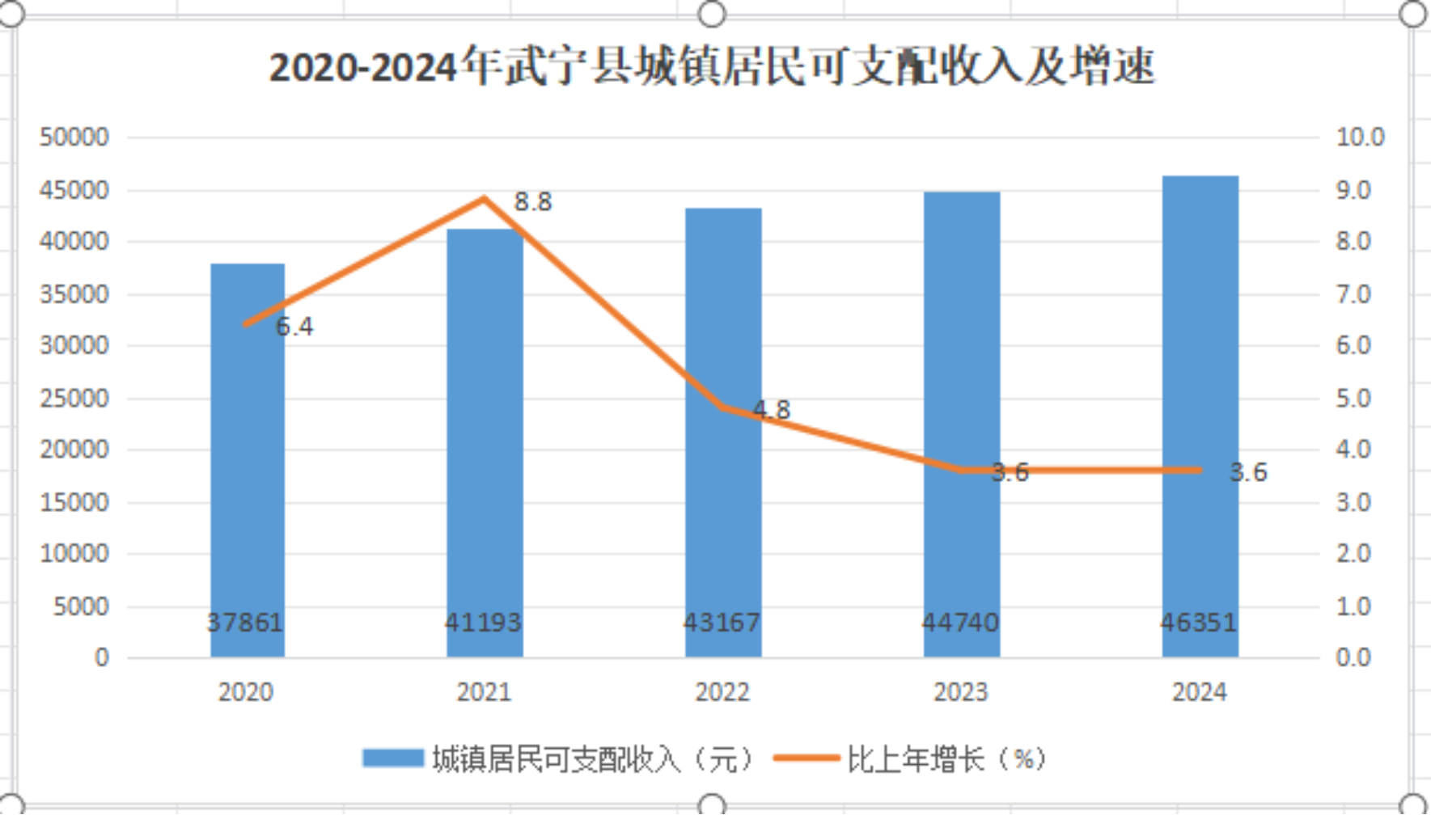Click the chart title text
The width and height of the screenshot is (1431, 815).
pos(712,66)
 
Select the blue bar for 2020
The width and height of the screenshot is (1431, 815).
pos(248,461)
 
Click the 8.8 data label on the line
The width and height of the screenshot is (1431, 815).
pos(533,201)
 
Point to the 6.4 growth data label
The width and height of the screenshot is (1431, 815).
pos(294,327)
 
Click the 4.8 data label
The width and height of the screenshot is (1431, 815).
pos(772,410)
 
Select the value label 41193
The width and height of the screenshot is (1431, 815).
pos(484,623)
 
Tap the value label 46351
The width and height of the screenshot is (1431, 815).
pos(1199,623)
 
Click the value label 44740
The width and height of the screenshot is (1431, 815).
pos(960,623)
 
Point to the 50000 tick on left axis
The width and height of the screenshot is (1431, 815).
pos(74,137)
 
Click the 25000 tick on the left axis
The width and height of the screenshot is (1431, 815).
pos(74,398)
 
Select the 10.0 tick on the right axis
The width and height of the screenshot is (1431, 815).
pos(1360,137)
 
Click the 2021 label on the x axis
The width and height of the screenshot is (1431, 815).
pos(484,692)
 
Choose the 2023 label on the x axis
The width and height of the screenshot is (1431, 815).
pos(960,692)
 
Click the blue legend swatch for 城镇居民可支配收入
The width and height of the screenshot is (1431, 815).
pos(393,758)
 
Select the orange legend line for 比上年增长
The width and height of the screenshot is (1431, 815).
pos(807,758)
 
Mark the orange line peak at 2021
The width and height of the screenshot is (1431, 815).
pos(485,198)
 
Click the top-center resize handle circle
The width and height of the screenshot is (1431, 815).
pos(712,14)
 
